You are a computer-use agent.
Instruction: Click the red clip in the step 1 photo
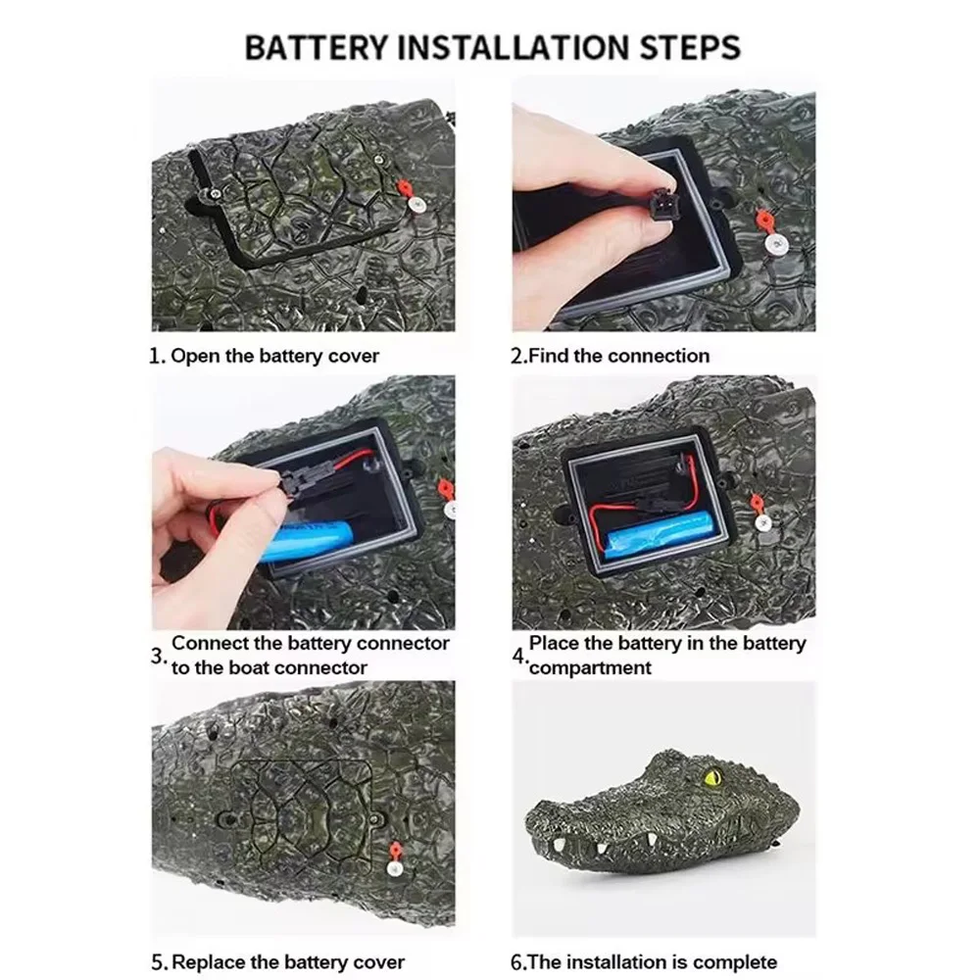(x=407, y=188)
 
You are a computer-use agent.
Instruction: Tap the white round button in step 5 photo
(x=394, y=867)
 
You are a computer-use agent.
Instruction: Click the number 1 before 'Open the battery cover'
(x=155, y=357)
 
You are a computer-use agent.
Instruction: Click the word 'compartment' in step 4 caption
(x=591, y=667)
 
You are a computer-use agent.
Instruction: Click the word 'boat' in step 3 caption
(x=249, y=667)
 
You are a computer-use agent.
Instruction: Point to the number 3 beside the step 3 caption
(x=157, y=657)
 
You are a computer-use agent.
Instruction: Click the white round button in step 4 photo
(x=761, y=523)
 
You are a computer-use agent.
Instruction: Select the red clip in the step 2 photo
(x=761, y=220)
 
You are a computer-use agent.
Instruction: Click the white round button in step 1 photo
(x=415, y=205)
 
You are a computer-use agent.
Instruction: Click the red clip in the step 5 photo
(x=394, y=850)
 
